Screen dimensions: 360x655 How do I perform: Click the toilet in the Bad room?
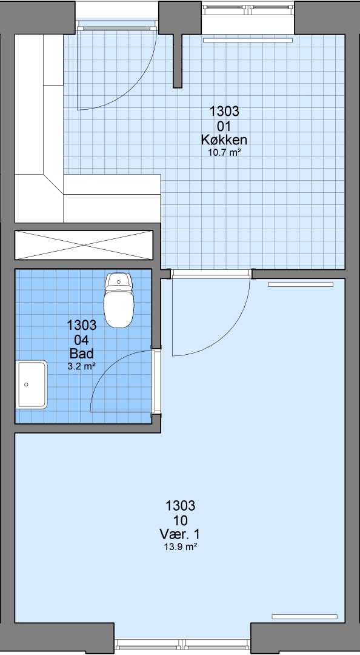[x=119, y=300]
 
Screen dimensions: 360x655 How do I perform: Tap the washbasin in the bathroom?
[x=32, y=385]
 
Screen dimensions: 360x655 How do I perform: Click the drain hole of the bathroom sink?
[x=26, y=385]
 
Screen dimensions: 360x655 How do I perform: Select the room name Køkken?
[x=224, y=139]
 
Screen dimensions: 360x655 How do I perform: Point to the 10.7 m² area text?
[x=224, y=152]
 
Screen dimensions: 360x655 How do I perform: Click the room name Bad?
[x=81, y=354]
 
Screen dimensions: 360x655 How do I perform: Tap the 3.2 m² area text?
[x=81, y=366]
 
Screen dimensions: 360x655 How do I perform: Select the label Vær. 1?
[x=180, y=534]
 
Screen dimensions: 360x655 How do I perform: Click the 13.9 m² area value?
[x=181, y=547]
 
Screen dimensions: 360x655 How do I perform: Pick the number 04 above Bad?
[x=81, y=339]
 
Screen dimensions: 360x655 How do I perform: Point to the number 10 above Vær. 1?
[x=181, y=520]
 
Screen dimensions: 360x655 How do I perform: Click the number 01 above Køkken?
[x=224, y=126]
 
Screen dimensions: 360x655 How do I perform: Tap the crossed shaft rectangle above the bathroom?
[x=84, y=245]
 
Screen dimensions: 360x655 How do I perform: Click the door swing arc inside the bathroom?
[x=107, y=365]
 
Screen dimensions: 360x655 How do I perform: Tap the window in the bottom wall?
[x=182, y=643]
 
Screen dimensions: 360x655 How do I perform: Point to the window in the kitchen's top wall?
[x=248, y=7]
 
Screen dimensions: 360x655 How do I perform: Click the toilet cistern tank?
[x=119, y=282]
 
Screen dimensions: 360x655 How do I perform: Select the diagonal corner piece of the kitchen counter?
[x=53, y=184]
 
